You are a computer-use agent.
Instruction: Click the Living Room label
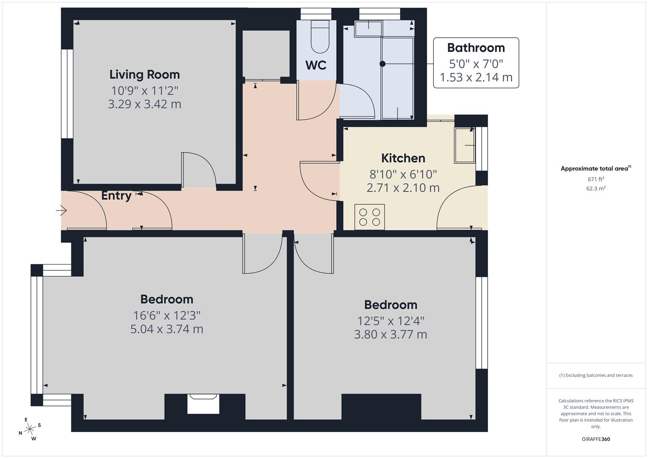(x=145, y=75)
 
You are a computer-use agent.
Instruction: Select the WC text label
(x=316, y=65)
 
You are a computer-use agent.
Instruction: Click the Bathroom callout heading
(x=476, y=47)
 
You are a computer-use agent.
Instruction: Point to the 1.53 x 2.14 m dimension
(x=476, y=78)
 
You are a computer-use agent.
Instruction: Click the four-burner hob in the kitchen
(x=370, y=217)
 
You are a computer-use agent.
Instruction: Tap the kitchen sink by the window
(x=465, y=145)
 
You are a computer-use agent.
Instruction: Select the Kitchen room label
(x=403, y=158)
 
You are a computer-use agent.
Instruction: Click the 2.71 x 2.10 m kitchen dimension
(x=403, y=187)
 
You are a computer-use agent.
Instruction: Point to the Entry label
(x=116, y=195)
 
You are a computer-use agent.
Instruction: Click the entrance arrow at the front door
(x=62, y=210)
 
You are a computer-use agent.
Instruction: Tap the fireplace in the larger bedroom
(x=203, y=403)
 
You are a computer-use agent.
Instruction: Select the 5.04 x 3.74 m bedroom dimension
(x=167, y=329)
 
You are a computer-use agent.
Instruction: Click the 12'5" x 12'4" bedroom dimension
(x=390, y=321)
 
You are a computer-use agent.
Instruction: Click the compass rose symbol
(x=30, y=429)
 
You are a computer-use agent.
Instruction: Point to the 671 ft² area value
(x=596, y=179)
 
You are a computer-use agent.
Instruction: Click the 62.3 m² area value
(x=596, y=189)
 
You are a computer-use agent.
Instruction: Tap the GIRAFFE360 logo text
(x=596, y=439)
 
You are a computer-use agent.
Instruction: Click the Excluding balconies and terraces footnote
(x=596, y=375)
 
